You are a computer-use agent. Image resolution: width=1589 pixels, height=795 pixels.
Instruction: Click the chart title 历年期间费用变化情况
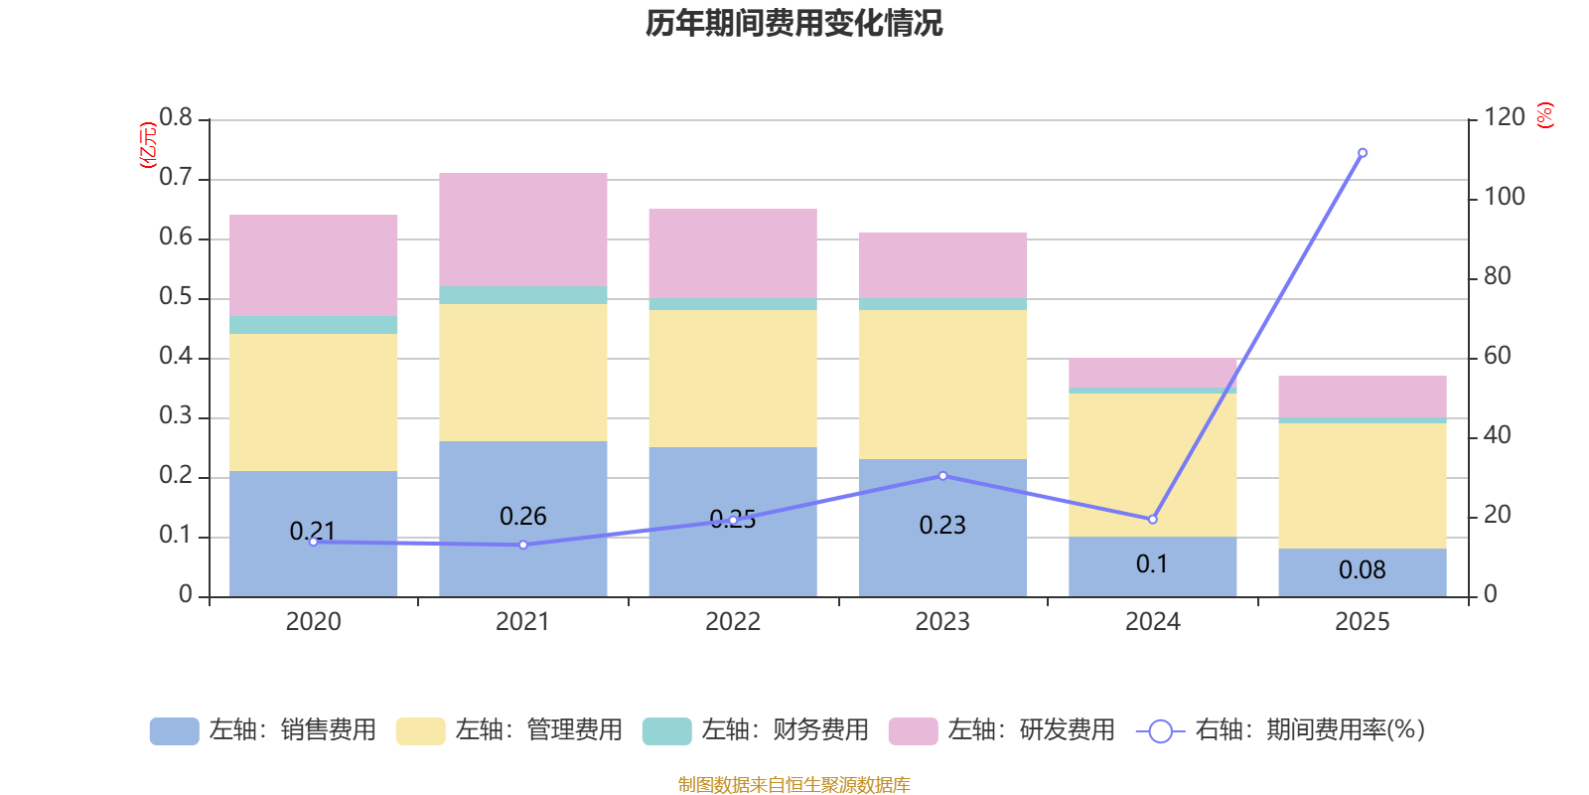click(794, 23)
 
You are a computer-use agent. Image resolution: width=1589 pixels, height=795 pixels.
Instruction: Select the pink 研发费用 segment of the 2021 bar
click(523, 230)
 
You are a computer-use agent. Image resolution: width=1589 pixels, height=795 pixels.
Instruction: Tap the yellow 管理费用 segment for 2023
click(942, 385)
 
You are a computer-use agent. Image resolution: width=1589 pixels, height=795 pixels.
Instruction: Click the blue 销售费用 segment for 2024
click(1152, 566)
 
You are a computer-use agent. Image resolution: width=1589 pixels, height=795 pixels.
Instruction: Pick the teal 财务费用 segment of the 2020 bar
click(314, 325)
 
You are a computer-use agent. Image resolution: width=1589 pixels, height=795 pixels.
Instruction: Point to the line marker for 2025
click(1362, 153)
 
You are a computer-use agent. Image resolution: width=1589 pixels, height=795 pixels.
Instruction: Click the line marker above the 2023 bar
click(942, 476)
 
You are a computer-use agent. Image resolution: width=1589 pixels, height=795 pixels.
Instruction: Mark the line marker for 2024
click(1152, 520)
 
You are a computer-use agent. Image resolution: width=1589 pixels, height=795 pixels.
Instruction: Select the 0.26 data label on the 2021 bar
click(523, 517)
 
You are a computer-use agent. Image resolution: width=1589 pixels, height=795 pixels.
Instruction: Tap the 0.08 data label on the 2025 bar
click(1362, 570)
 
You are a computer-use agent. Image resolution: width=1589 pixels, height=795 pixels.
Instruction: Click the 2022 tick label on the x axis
click(733, 622)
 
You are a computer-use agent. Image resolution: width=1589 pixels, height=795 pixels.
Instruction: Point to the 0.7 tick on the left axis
click(176, 178)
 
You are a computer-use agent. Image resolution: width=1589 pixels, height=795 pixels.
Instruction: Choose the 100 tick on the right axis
click(1504, 197)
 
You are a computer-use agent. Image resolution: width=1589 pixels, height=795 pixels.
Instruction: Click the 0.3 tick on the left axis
click(176, 416)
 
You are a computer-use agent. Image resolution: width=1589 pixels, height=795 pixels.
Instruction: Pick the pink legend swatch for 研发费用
click(913, 731)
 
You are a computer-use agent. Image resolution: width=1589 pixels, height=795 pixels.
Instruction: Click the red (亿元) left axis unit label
click(148, 145)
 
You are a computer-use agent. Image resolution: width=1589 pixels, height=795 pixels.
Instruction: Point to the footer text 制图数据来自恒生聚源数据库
click(794, 785)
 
